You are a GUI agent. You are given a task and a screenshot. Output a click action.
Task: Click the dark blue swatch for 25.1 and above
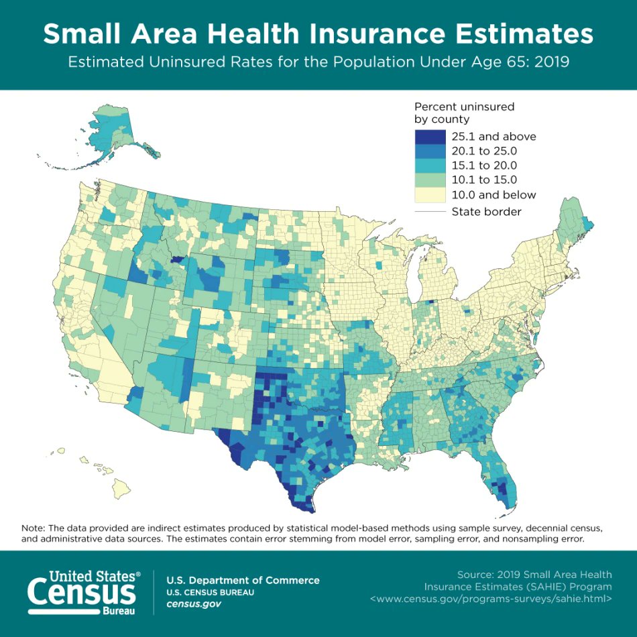pos(429,136)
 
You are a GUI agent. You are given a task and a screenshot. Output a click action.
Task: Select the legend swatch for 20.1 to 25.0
pos(429,151)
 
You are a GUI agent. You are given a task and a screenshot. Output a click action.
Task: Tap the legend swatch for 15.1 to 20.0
pos(429,166)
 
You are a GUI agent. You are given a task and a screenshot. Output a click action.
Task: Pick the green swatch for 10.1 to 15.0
pos(429,180)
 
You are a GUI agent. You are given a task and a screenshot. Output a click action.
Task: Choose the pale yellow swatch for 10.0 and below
pos(429,195)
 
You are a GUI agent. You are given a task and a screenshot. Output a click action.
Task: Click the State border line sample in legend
pos(429,212)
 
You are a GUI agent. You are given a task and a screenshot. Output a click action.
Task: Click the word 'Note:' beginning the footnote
pos(34,528)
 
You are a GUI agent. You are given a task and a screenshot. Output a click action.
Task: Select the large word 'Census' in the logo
pos(81,593)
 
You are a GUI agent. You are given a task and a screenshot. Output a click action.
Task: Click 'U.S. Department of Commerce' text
pos(243,580)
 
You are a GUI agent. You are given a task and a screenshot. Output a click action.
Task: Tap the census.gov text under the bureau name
pos(194,604)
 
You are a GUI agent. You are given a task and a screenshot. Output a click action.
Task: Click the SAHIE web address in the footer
pos(491,598)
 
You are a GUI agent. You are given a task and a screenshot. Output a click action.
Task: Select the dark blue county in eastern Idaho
pos(178,259)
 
